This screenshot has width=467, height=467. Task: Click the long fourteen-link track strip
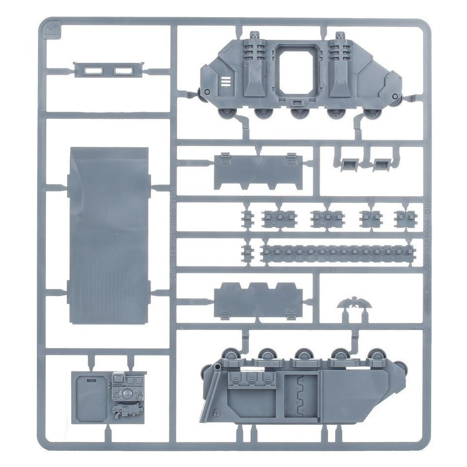pyautogui.click(x=335, y=253)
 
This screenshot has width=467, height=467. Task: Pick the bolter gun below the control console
pyautogui.click(x=125, y=408)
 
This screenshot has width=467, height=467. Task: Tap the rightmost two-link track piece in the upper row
pyautogui.click(x=404, y=218)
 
